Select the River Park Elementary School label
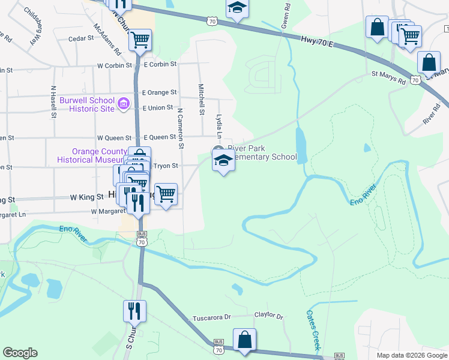[262, 153]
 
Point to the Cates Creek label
[314, 329]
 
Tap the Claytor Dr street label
[268, 314]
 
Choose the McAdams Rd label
[108, 37]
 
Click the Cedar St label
[82, 38]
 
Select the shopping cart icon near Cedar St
[140, 40]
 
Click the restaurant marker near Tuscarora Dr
[134, 310]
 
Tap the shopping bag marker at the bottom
[245, 340]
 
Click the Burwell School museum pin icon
[124, 104]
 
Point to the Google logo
[20, 353]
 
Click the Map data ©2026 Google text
[411, 355]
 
